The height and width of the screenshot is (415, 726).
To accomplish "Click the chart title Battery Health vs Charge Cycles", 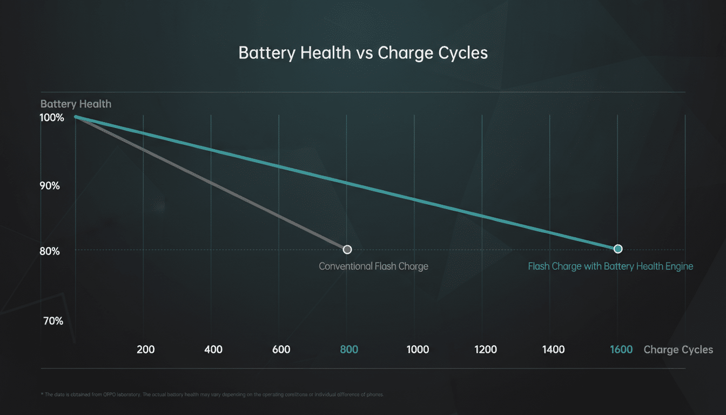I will pos(363,53).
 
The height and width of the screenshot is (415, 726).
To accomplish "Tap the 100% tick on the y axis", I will pos(52,117).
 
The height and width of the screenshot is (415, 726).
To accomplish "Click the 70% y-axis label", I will pos(52,321).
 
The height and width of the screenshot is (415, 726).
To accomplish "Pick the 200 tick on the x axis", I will pos(146,350).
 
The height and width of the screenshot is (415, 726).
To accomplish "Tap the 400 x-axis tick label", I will pos(214,350).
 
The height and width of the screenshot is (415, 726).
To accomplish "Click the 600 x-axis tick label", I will pos(281,350).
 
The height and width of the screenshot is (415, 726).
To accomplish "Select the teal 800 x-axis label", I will pos(349,350).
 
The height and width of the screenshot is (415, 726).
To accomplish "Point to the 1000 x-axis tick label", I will pos(418,350).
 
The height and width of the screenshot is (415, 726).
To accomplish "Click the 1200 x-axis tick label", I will pos(486,350).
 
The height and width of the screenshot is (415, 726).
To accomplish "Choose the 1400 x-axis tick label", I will pos(553,350).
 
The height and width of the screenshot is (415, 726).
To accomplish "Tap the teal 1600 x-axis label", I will pos(621,350).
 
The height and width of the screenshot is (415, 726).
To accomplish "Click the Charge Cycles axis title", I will pos(678,350).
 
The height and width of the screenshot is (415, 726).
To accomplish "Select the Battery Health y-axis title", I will pos(76,104).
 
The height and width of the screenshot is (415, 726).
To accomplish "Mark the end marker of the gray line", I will pos(347,249).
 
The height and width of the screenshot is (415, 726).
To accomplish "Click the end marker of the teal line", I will pos(618,249).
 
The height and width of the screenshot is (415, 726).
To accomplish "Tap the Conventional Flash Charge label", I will pos(373,266).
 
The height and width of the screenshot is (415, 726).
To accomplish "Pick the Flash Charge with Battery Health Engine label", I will pos(610,266).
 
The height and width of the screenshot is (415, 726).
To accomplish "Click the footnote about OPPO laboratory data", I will pos(212,394).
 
